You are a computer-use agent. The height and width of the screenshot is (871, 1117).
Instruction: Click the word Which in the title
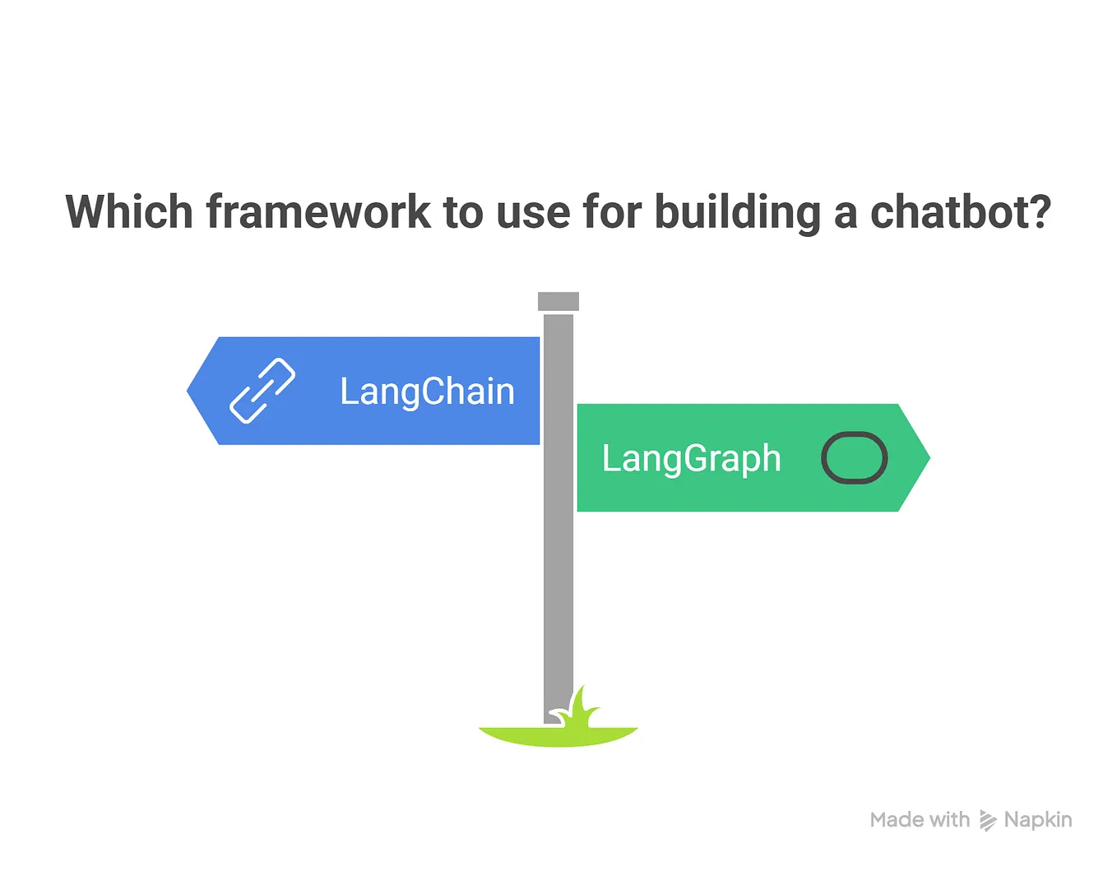[129, 212]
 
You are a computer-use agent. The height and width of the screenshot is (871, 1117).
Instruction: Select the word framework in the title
[318, 212]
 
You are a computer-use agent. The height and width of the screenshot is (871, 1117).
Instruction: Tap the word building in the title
[738, 212]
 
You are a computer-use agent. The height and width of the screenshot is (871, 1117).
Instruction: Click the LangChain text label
[427, 391]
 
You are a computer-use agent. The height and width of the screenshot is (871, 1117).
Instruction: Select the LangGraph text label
[691, 459]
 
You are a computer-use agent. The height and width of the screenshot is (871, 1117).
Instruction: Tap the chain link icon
[262, 391]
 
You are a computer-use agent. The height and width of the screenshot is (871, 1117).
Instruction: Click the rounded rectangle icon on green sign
[854, 457]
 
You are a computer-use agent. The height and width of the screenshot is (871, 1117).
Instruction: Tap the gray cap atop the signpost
[558, 301]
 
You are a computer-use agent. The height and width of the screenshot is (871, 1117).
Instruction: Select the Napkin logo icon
[988, 820]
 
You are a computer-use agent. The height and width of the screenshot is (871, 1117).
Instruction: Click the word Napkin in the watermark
[1038, 820]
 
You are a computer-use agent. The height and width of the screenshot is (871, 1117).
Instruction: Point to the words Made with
[920, 820]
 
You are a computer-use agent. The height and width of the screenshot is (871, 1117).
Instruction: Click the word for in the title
[612, 212]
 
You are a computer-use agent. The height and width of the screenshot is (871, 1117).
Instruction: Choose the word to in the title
[463, 212]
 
